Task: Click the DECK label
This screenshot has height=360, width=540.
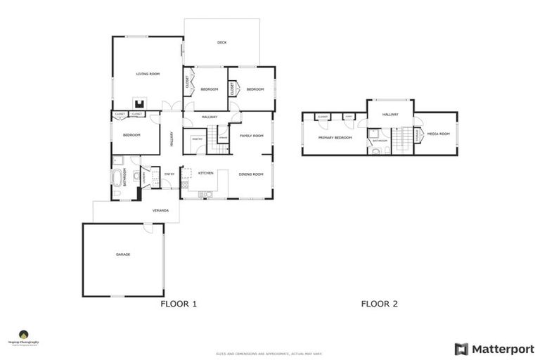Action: tap(221, 43)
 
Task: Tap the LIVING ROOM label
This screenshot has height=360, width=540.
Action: tap(148, 74)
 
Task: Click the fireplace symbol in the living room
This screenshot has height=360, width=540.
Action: tap(139, 102)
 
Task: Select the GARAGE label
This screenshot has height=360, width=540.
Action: tap(123, 255)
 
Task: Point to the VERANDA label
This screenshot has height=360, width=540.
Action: tap(160, 210)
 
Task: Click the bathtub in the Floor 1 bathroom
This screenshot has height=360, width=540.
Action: tap(117, 179)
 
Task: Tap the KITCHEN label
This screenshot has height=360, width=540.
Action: tap(205, 173)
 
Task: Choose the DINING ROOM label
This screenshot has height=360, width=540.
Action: tap(250, 174)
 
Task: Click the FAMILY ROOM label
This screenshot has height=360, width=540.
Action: tap(251, 135)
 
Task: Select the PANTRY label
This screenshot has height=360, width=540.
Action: tap(198, 139)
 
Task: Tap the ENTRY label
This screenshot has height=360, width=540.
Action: tap(169, 174)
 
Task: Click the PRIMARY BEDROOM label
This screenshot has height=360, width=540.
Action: tap(335, 138)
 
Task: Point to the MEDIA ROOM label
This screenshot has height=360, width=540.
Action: tap(438, 133)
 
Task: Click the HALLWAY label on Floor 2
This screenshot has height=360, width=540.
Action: tap(390, 114)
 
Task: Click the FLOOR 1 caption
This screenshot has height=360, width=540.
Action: tap(179, 304)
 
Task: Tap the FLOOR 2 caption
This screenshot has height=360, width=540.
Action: tap(380, 304)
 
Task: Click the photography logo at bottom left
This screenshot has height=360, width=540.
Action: tap(24, 337)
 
